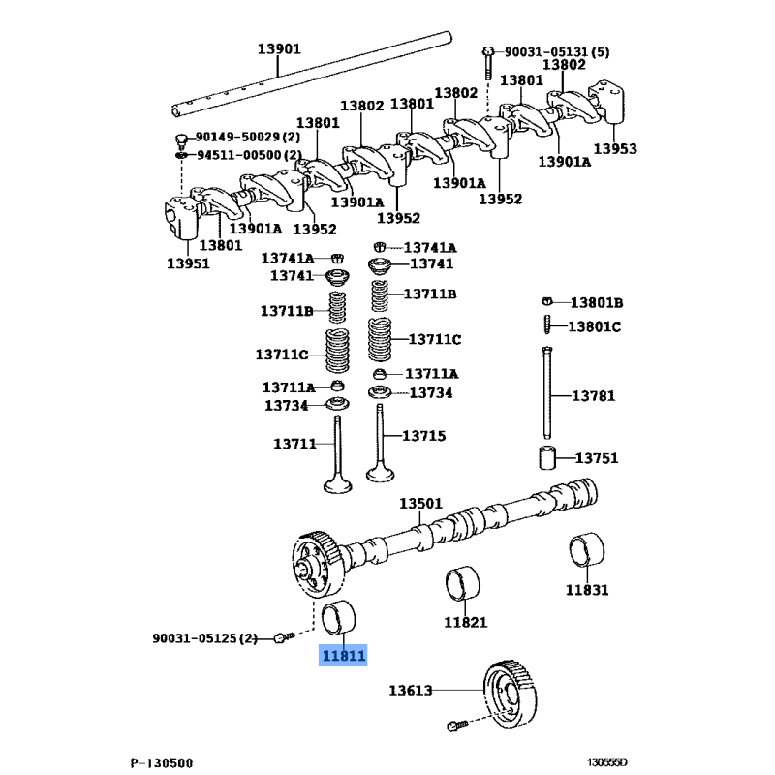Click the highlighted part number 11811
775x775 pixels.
tap(344, 656)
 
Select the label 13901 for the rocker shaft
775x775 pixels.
tap(279, 48)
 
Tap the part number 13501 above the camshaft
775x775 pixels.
tap(421, 504)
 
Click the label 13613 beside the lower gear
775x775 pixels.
tap(411, 691)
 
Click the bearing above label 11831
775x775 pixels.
tap(587, 550)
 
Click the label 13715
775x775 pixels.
tap(423, 436)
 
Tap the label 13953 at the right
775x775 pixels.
tap(615, 148)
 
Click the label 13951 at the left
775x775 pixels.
tap(188, 263)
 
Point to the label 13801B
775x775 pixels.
tap(596, 302)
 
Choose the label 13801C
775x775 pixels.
tap(594, 326)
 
